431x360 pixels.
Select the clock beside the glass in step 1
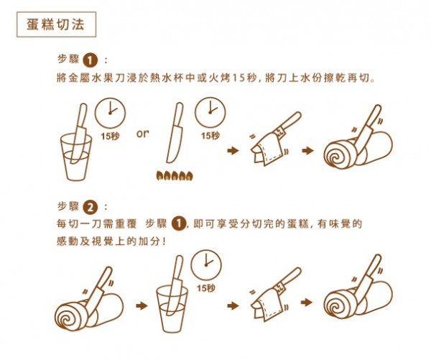click(x=111, y=111)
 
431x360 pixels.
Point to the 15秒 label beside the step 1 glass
click(x=111, y=135)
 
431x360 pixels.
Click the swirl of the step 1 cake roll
click(x=335, y=155)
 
